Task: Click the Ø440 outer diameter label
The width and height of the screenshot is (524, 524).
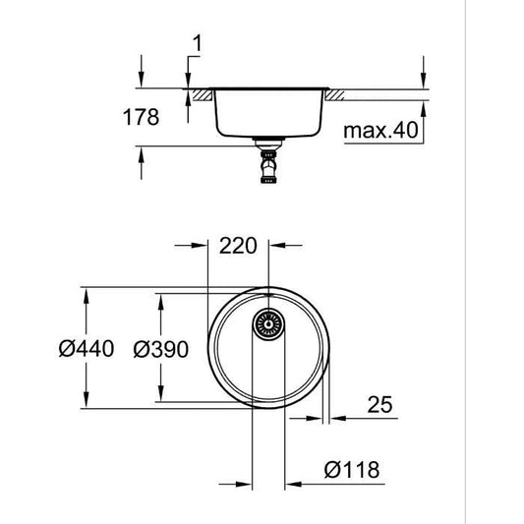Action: point(87,348)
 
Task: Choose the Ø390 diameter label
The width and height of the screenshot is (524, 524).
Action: point(160,348)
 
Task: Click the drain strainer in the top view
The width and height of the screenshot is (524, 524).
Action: point(267,323)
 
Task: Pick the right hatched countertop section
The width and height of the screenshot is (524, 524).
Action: point(334,94)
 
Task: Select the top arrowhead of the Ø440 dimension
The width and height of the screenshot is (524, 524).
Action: point(86,294)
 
